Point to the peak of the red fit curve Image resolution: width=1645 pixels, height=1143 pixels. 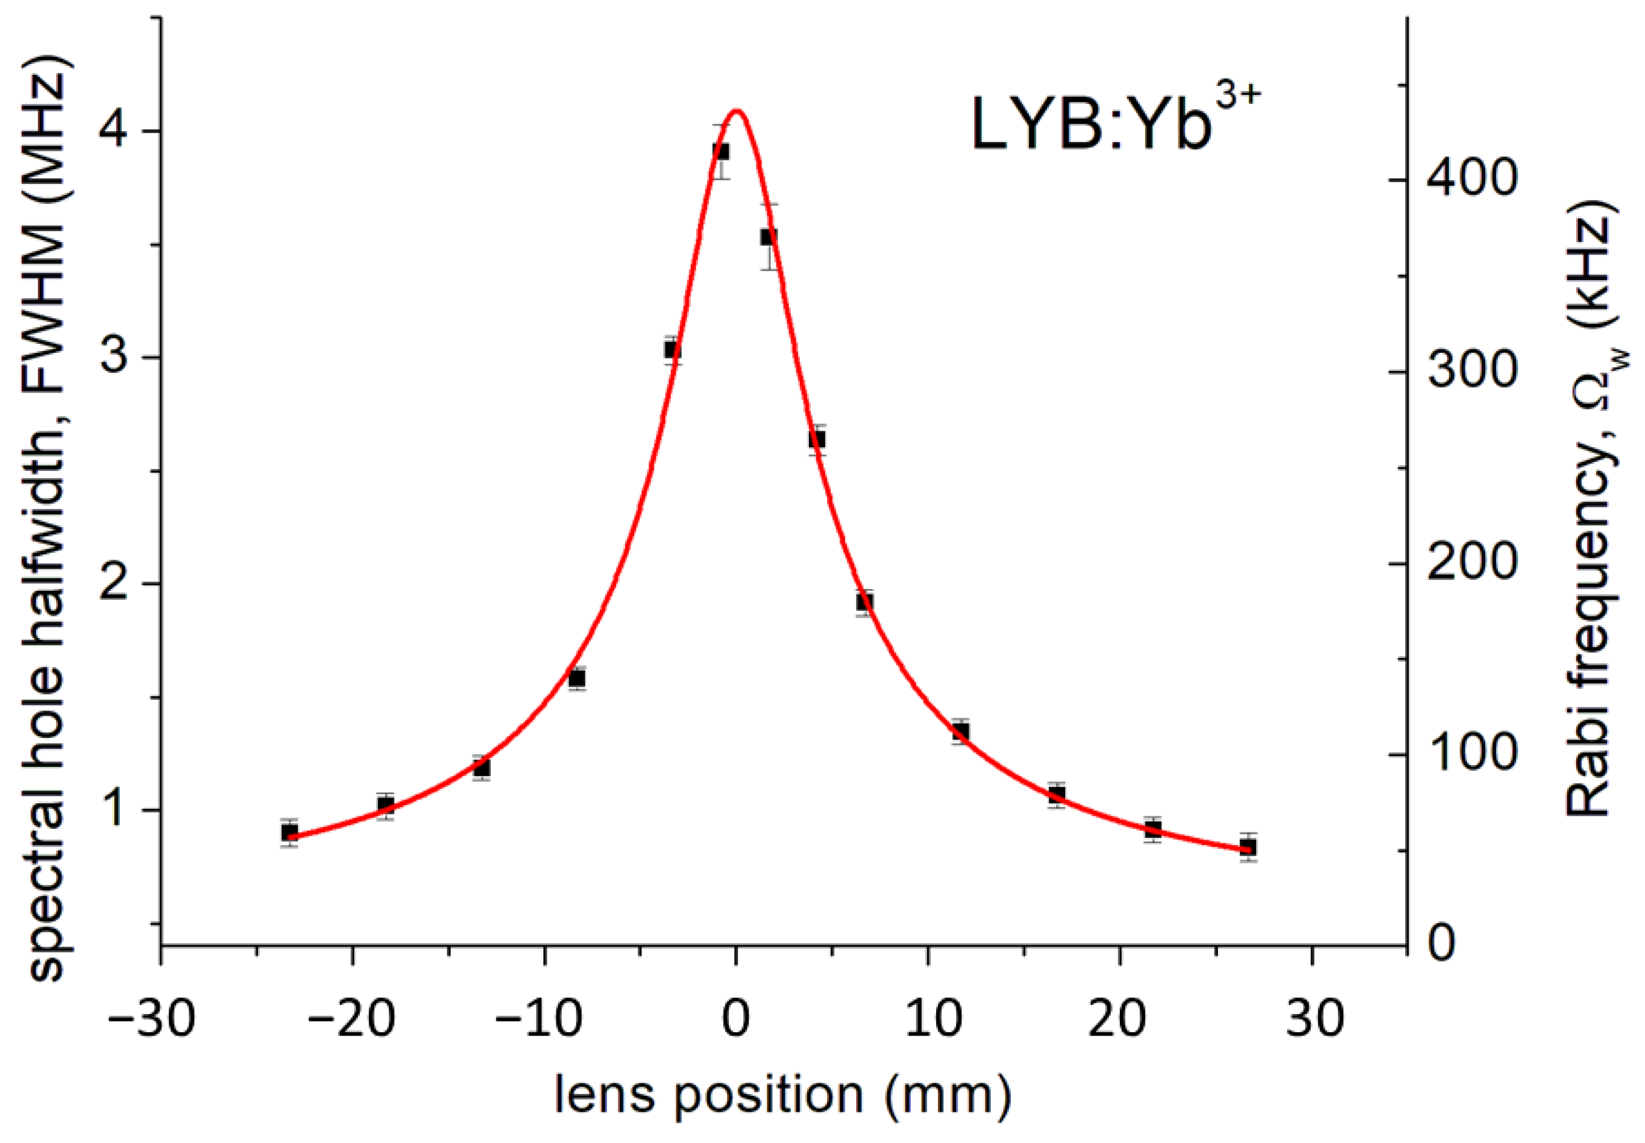[x=737, y=111]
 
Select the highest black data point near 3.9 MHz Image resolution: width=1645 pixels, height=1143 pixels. [x=721, y=151]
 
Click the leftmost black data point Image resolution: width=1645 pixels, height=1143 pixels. [x=289, y=832]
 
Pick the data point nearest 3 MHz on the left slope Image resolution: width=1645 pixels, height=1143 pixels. [x=672, y=350]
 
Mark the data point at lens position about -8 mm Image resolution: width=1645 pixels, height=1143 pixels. [x=577, y=678]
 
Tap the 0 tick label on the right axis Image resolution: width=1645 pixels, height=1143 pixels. [x=1441, y=945]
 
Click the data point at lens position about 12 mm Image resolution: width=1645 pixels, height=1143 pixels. [x=960, y=731]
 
